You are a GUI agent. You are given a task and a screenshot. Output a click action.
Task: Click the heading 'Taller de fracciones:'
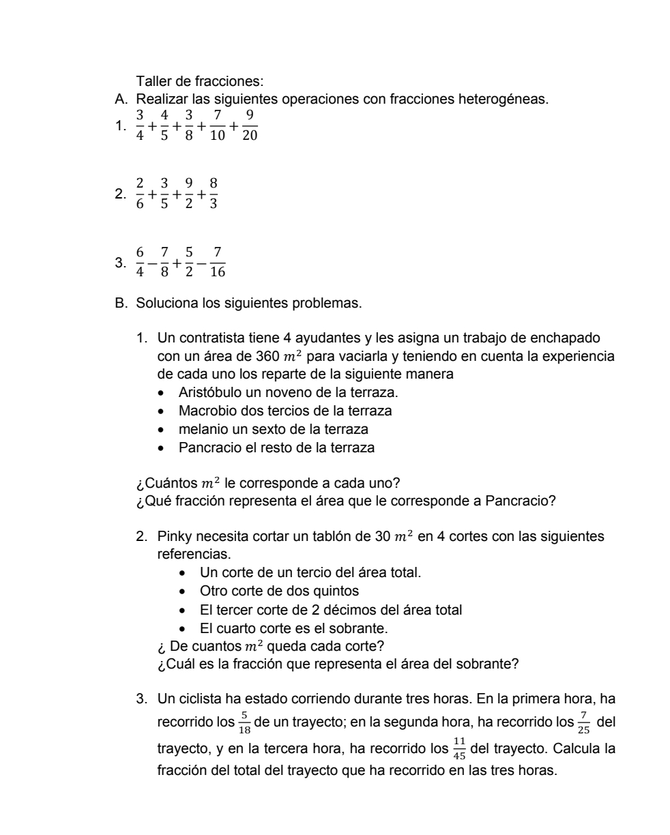pyautogui.click(x=186, y=83)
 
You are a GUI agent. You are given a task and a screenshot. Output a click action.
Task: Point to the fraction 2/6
pyautogui.click(x=141, y=194)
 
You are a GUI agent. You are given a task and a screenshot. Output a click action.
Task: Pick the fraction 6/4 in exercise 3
pyautogui.click(x=141, y=262)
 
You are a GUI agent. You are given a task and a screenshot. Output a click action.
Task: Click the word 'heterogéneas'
pyautogui.click(x=504, y=100)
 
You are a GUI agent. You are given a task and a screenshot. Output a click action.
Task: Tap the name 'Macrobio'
pyautogui.click(x=205, y=411)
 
